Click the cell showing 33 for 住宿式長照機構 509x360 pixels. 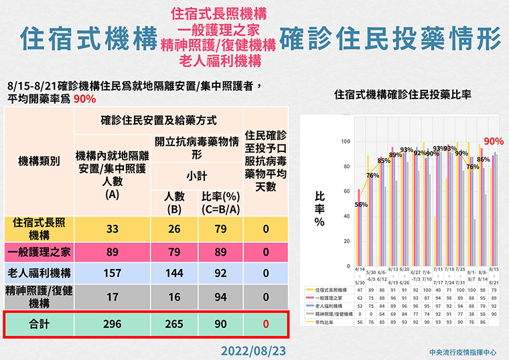(112, 229)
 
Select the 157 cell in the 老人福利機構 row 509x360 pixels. (112, 273)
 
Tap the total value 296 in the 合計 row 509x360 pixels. (112, 324)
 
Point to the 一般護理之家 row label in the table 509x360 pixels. (38, 252)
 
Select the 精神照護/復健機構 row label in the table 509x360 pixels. (38, 294)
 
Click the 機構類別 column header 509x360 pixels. (38, 162)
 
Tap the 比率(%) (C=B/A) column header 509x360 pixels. (221, 203)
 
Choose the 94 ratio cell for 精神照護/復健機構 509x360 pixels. (221, 295)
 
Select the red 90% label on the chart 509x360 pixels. (494, 141)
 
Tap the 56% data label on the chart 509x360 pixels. (361, 205)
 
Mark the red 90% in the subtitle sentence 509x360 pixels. (85, 98)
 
